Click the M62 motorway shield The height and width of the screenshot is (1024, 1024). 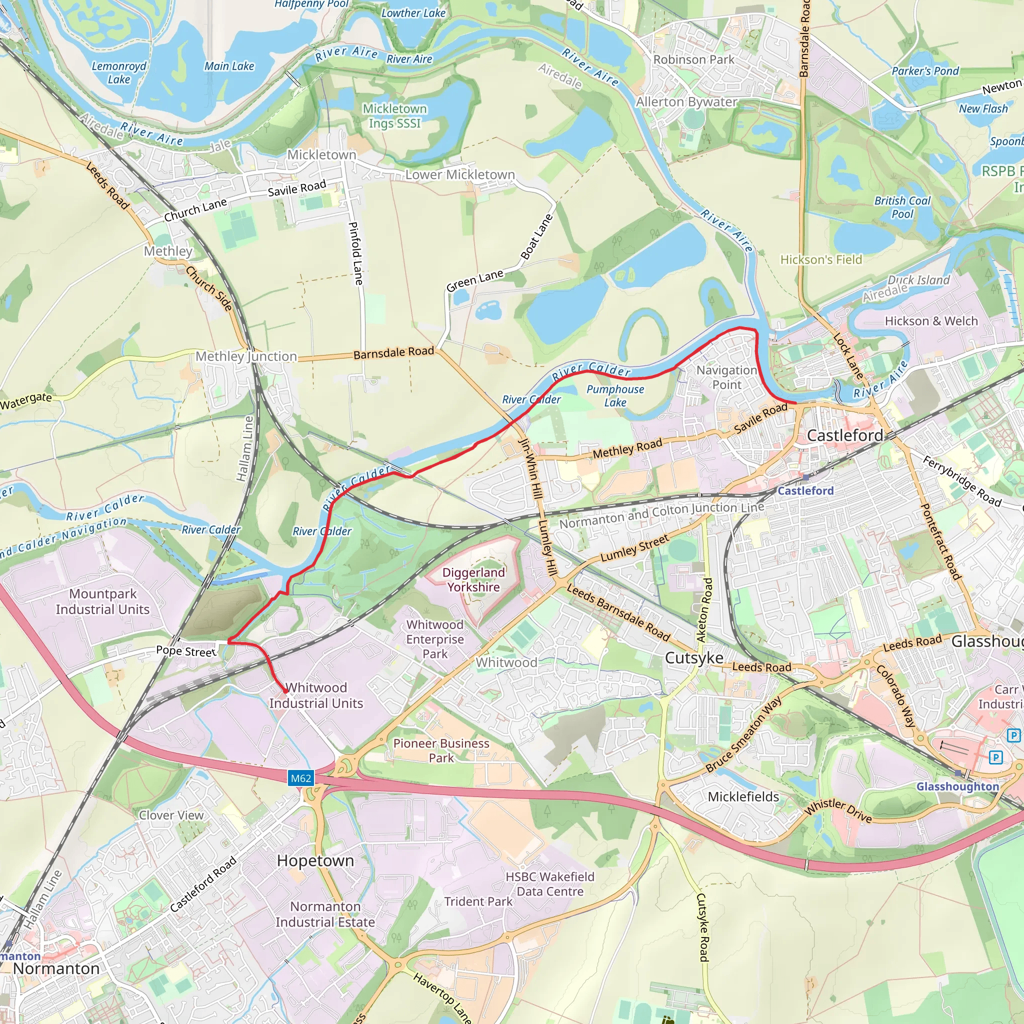[x=300, y=778]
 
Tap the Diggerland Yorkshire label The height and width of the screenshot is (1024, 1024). [x=473, y=579]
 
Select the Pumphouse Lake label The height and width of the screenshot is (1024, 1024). [x=615, y=395]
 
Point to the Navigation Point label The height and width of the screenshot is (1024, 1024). [x=726, y=377]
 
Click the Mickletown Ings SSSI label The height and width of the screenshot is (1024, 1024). [x=394, y=115]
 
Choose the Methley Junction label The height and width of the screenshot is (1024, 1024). [x=246, y=356]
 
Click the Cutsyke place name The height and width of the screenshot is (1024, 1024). [x=694, y=658]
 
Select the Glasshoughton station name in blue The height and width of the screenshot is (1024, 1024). [x=957, y=786]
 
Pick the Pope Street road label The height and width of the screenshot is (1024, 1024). [x=186, y=651]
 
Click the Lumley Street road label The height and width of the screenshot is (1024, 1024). [x=634, y=548]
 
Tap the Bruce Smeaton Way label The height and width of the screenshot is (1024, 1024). [x=743, y=734]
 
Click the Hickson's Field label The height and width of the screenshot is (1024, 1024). [x=821, y=259]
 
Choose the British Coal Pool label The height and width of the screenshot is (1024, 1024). [x=902, y=207]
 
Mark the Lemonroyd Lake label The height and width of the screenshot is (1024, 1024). [x=119, y=72]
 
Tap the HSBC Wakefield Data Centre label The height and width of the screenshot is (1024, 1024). [x=549, y=884]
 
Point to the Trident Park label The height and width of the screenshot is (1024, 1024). [x=478, y=901]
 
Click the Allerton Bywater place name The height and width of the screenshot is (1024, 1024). [x=686, y=102]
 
